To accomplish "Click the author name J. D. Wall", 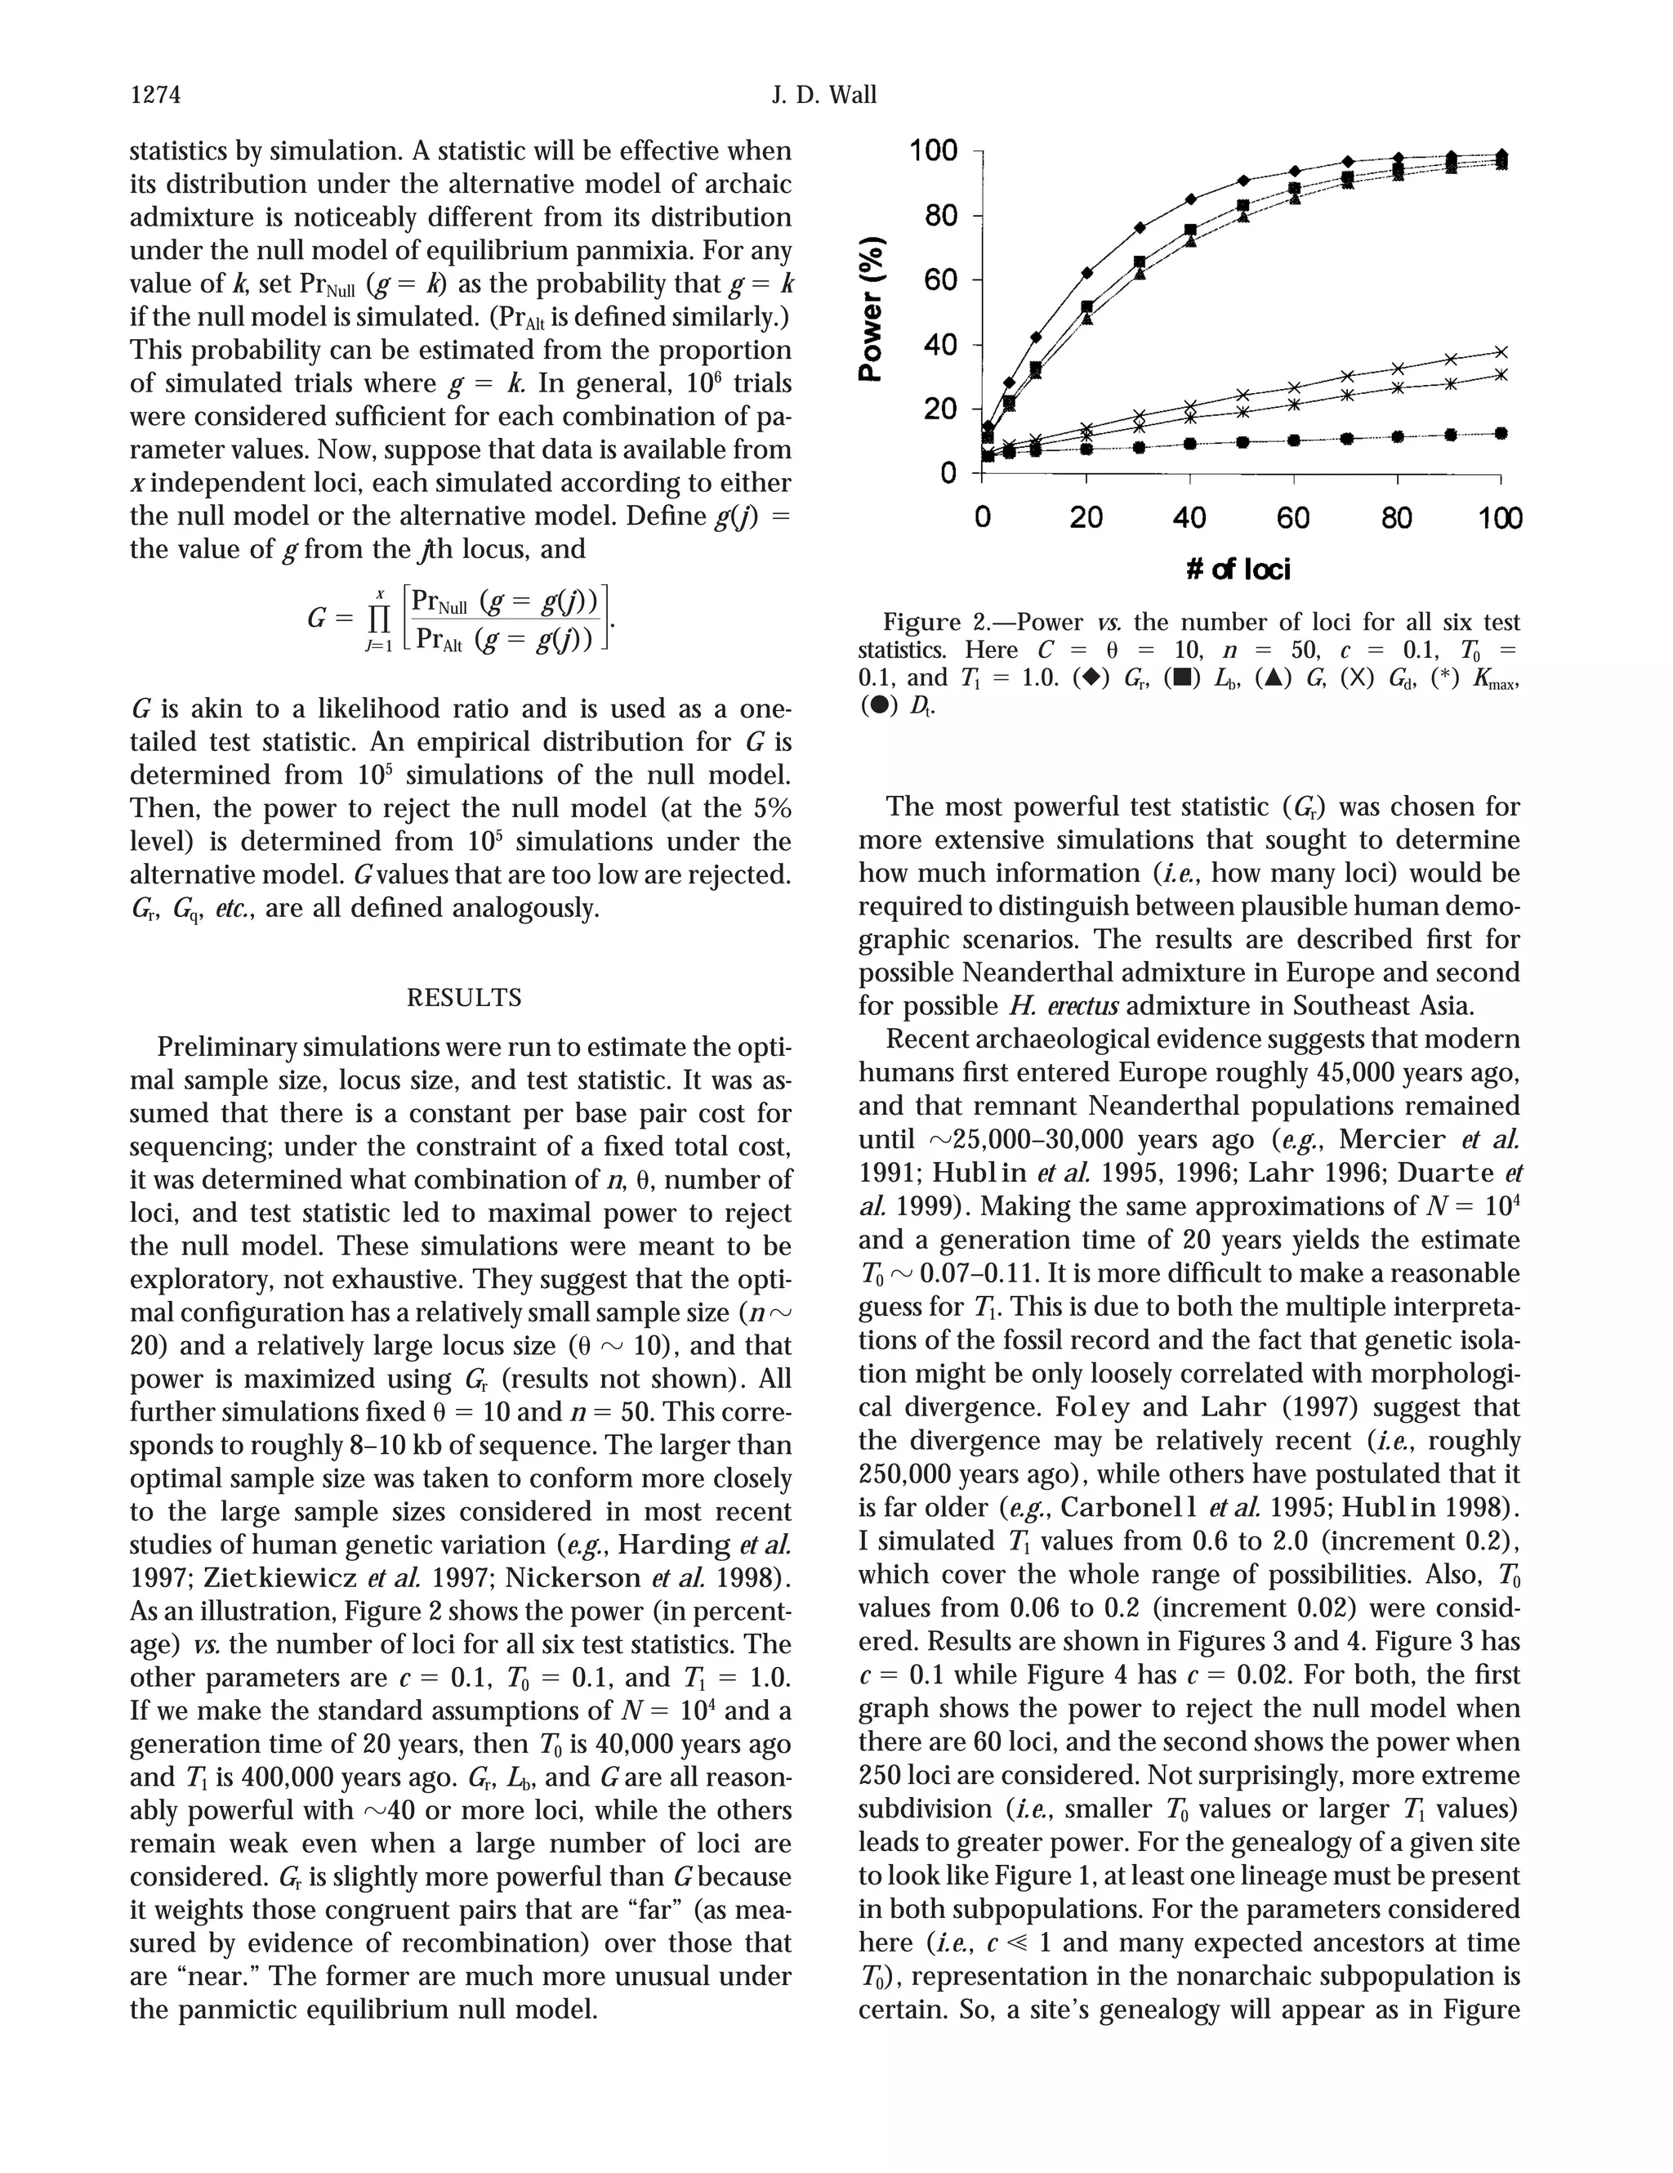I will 823,96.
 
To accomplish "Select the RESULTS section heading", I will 465,997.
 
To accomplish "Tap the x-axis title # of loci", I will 1238,569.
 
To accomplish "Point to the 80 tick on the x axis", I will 1397,518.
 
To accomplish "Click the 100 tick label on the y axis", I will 934,151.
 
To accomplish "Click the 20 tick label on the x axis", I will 1086,518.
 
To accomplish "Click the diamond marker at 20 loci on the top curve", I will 1087,273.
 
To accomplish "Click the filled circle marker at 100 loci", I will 1501,433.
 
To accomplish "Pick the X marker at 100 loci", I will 1501,351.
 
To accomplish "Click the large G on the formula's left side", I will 317,618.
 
